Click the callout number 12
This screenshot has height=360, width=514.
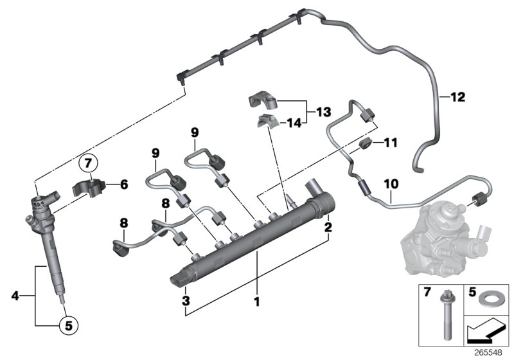click(x=457, y=98)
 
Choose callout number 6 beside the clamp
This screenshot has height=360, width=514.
click(x=124, y=184)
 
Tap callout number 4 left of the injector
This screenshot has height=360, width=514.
click(x=15, y=296)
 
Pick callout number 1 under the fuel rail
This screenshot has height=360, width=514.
click(x=257, y=300)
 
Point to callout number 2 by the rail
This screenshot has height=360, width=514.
click(x=328, y=227)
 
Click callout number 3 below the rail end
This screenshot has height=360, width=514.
click(x=185, y=300)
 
